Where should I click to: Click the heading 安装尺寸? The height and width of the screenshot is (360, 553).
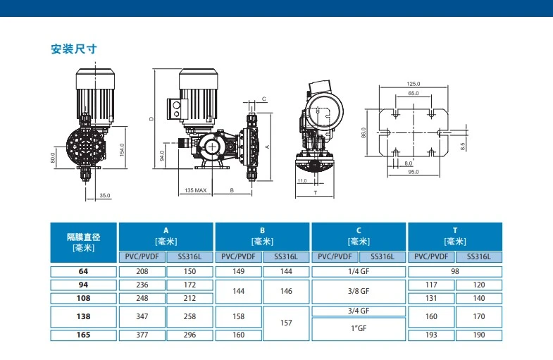click(74, 49)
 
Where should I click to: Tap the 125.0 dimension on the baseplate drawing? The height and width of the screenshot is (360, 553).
click(414, 84)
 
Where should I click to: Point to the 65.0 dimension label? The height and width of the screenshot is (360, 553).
click(414, 94)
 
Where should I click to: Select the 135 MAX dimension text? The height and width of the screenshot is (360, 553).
click(196, 190)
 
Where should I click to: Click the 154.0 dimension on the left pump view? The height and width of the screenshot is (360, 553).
click(122, 150)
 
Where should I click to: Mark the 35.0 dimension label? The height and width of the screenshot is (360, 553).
click(105, 195)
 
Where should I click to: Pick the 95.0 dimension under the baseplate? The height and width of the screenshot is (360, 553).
click(414, 172)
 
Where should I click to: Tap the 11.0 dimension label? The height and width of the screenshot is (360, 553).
click(302, 181)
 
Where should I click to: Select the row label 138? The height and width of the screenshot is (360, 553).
click(84, 316)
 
